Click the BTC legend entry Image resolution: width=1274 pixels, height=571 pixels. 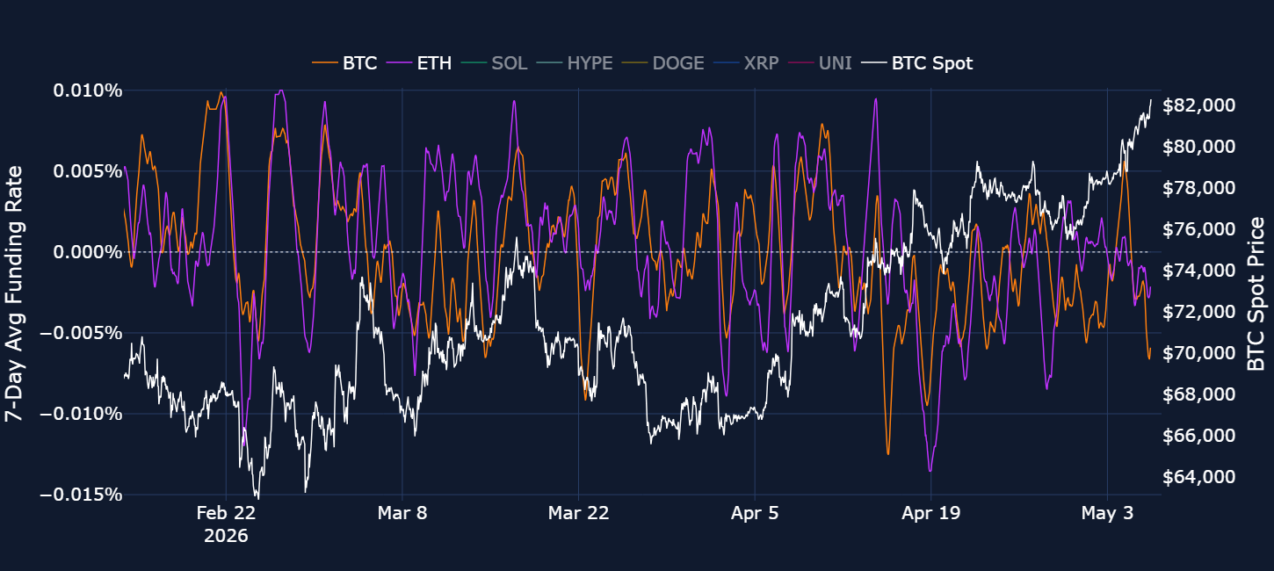pyautogui.click(x=344, y=63)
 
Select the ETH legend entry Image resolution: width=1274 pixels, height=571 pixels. pyautogui.click(x=419, y=63)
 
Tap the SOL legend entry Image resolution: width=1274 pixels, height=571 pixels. pyautogui.click(x=495, y=63)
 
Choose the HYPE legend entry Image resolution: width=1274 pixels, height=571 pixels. pyautogui.click(x=575, y=63)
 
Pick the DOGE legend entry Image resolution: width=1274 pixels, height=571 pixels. pyautogui.click(x=663, y=63)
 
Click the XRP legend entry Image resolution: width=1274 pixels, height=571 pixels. pyautogui.click(x=746, y=63)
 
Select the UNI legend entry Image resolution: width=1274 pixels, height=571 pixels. pyautogui.click(x=820, y=63)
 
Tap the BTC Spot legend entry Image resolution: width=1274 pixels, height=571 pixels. pyautogui.click(x=916, y=63)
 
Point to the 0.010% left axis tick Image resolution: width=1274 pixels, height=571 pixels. pyautogui.click(x=88, y=90)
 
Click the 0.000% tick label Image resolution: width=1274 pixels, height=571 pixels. pyautogui.click(x=88, y=252)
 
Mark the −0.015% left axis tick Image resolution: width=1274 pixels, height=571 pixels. pyautogui.click(x=81, y=495)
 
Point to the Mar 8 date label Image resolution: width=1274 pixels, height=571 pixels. pyautogui.click(x=402, y=513)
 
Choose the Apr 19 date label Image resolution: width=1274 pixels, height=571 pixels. pyautogui.click(x=931, y=513)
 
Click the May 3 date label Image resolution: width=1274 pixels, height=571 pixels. pyautogui.click(x=1107, y=513)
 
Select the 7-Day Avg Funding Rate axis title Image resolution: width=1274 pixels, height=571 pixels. pyautogui.click(x=14, y=293)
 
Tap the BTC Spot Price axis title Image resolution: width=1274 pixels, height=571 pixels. pyautogui.click(x=1256, y=293)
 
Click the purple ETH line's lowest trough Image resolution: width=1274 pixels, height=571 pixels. pyautogui.click(x=930, y=471)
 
